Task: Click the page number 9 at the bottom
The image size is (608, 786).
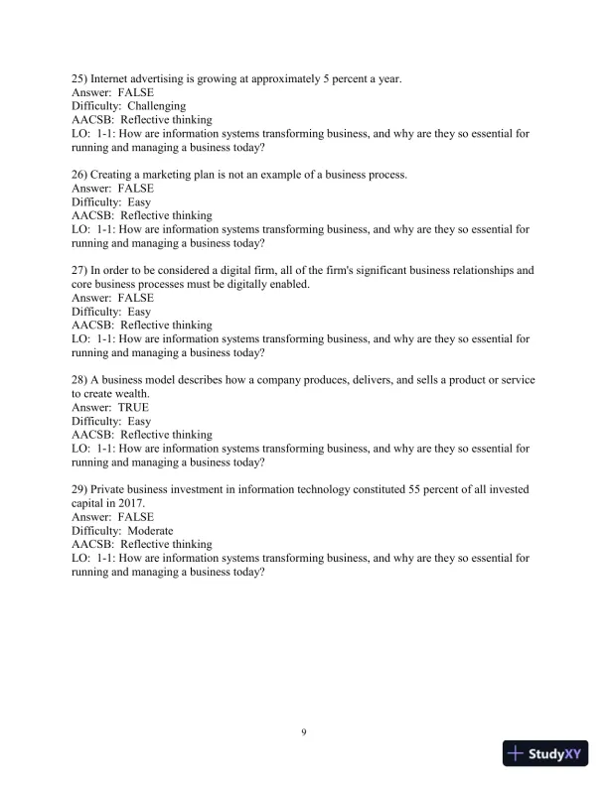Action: click(x=304, y=732)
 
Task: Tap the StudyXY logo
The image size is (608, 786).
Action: click(x=546, y=754)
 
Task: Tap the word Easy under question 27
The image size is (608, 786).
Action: click(x=140, y=311)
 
